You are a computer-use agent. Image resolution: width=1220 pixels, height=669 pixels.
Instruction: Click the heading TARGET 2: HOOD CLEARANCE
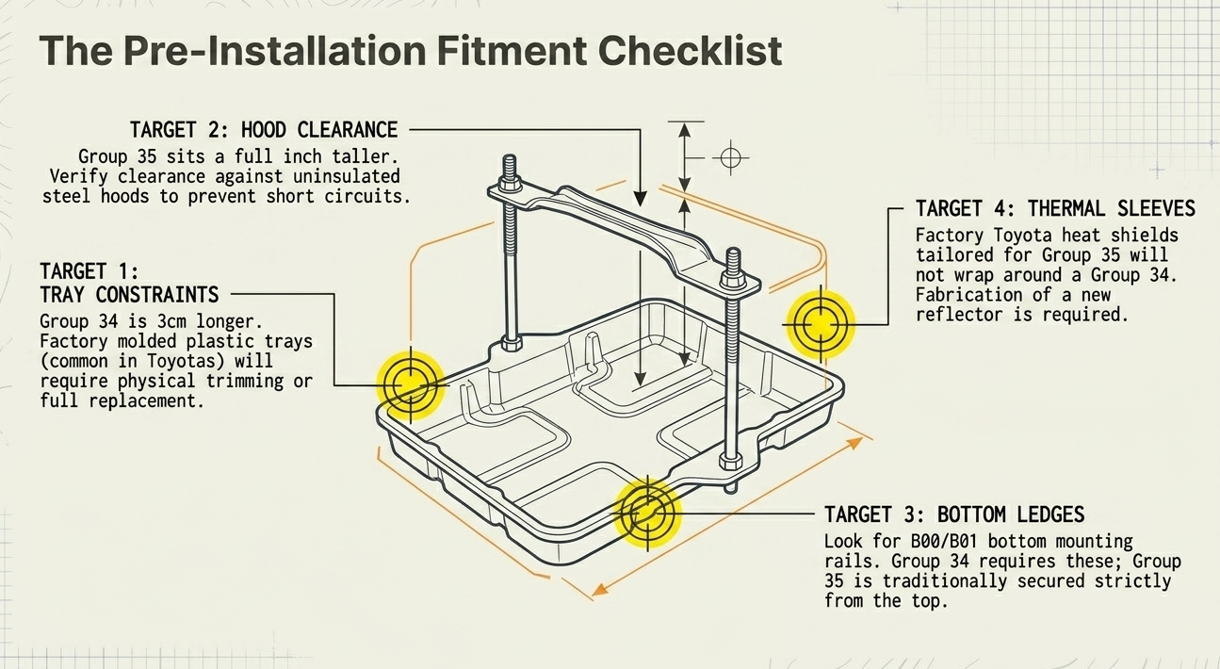[264, 129]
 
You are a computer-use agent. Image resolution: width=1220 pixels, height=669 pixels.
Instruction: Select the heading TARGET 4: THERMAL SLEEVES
[1055, 208]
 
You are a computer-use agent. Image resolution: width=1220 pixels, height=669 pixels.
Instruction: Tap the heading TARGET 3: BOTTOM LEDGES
[954, 514]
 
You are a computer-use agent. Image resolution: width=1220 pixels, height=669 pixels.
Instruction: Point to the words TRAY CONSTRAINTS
[129, 294]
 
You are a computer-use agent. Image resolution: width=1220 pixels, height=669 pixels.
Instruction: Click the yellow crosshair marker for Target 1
[411, 384]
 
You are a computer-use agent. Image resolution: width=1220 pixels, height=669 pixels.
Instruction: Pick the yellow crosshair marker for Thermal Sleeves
[819, 324]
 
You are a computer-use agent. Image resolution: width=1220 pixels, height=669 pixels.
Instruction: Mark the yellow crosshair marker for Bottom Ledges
[647, 514]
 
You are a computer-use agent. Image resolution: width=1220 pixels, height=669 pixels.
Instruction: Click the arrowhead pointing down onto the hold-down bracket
[641, 199]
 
